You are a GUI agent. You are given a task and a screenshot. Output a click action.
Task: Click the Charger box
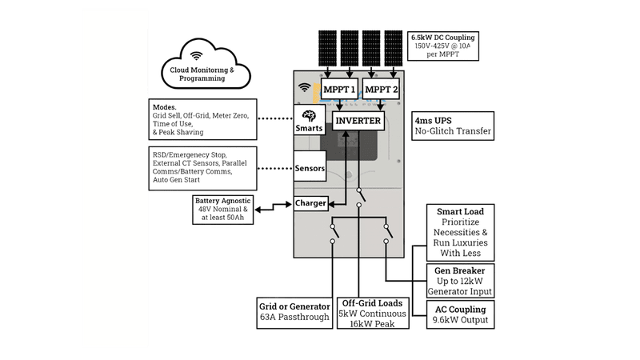[x=310, y=203]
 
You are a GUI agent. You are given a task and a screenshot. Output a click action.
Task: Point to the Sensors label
[x=310, y=169]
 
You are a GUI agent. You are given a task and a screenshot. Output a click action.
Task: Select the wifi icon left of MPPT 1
[x=304, y=87]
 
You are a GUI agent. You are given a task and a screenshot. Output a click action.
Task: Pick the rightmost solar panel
[x=393, y=50]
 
